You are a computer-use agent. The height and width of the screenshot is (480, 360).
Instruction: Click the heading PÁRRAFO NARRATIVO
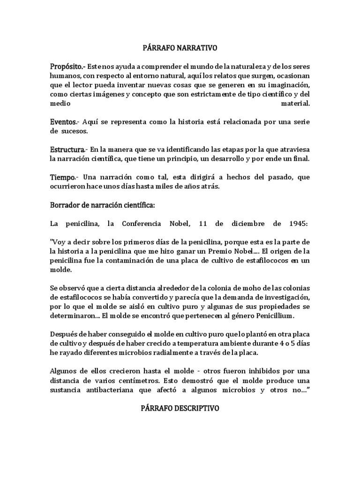180,48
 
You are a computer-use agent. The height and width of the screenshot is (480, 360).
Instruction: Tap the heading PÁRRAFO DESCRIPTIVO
180,409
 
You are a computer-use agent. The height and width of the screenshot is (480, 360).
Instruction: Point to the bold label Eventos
63,122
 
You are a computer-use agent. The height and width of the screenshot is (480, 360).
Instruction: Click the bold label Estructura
67,150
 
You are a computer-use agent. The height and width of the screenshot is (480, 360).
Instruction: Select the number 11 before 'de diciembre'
203,224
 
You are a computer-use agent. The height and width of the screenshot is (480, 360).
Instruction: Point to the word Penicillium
270,316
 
